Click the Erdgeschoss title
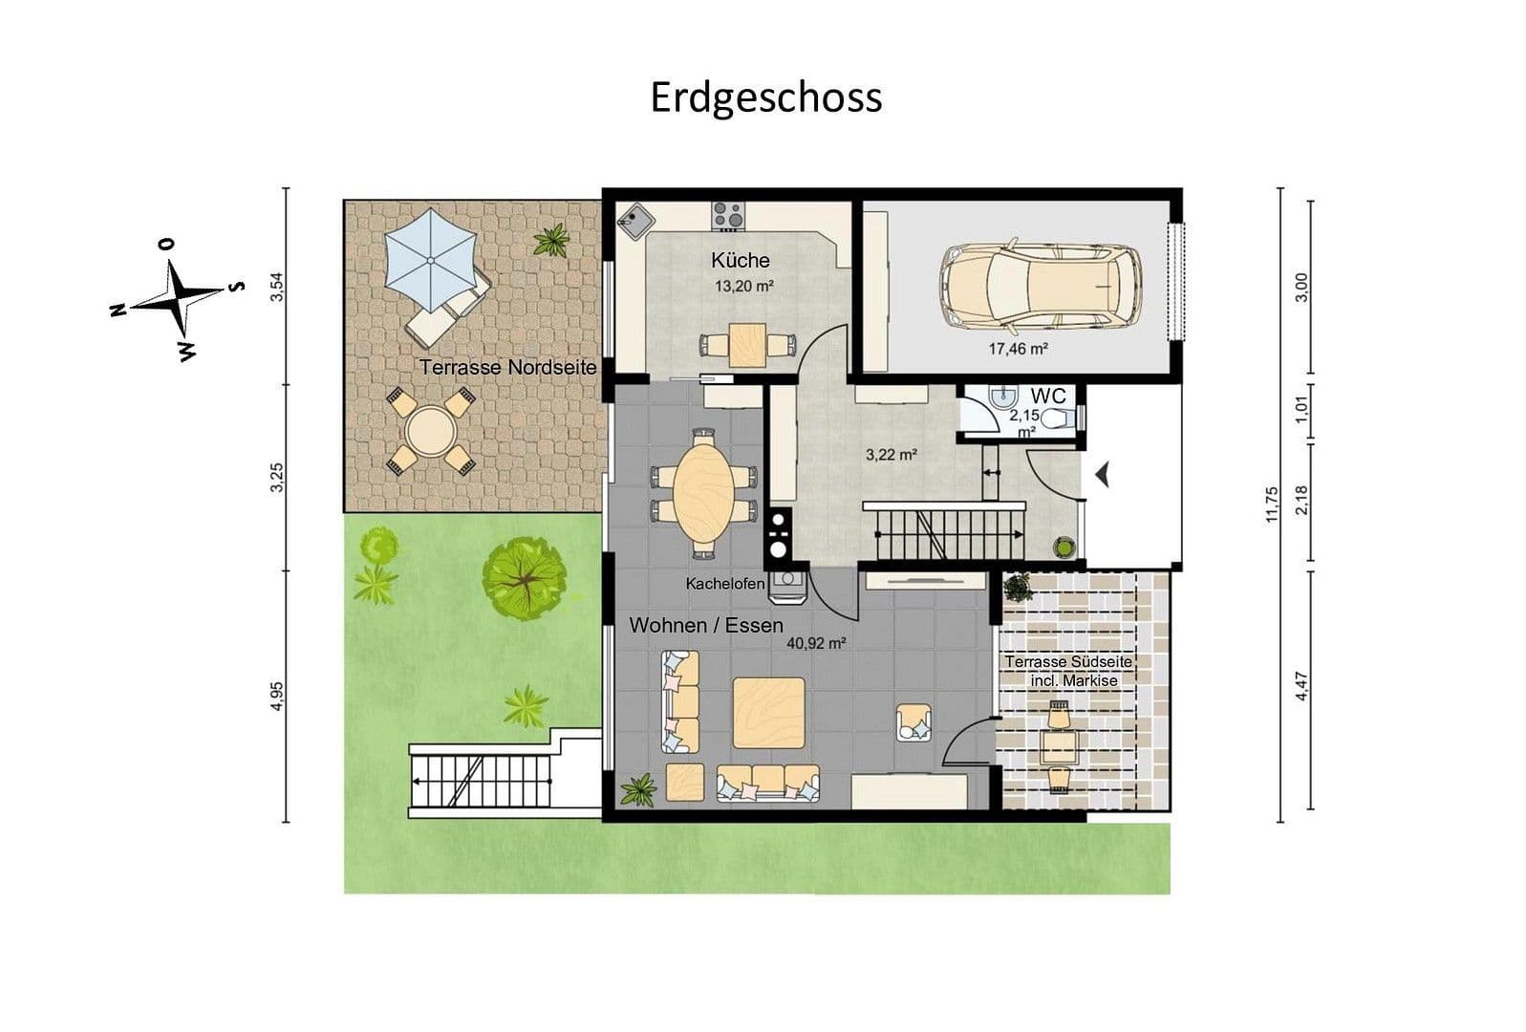tap(765, 97)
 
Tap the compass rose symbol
tap(177, 299)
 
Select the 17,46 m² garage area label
tap(1018, 349)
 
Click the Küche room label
tap(740, 260)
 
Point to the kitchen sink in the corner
tap(633, 223)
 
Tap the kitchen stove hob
tap(727, 215)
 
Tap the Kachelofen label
tap(724, 583)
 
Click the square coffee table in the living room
tap(768, 713)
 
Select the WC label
tap(1047, 396)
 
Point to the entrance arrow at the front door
tap(1102, 473)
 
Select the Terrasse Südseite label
tap(1068, 661)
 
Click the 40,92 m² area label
tap(815, 644)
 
